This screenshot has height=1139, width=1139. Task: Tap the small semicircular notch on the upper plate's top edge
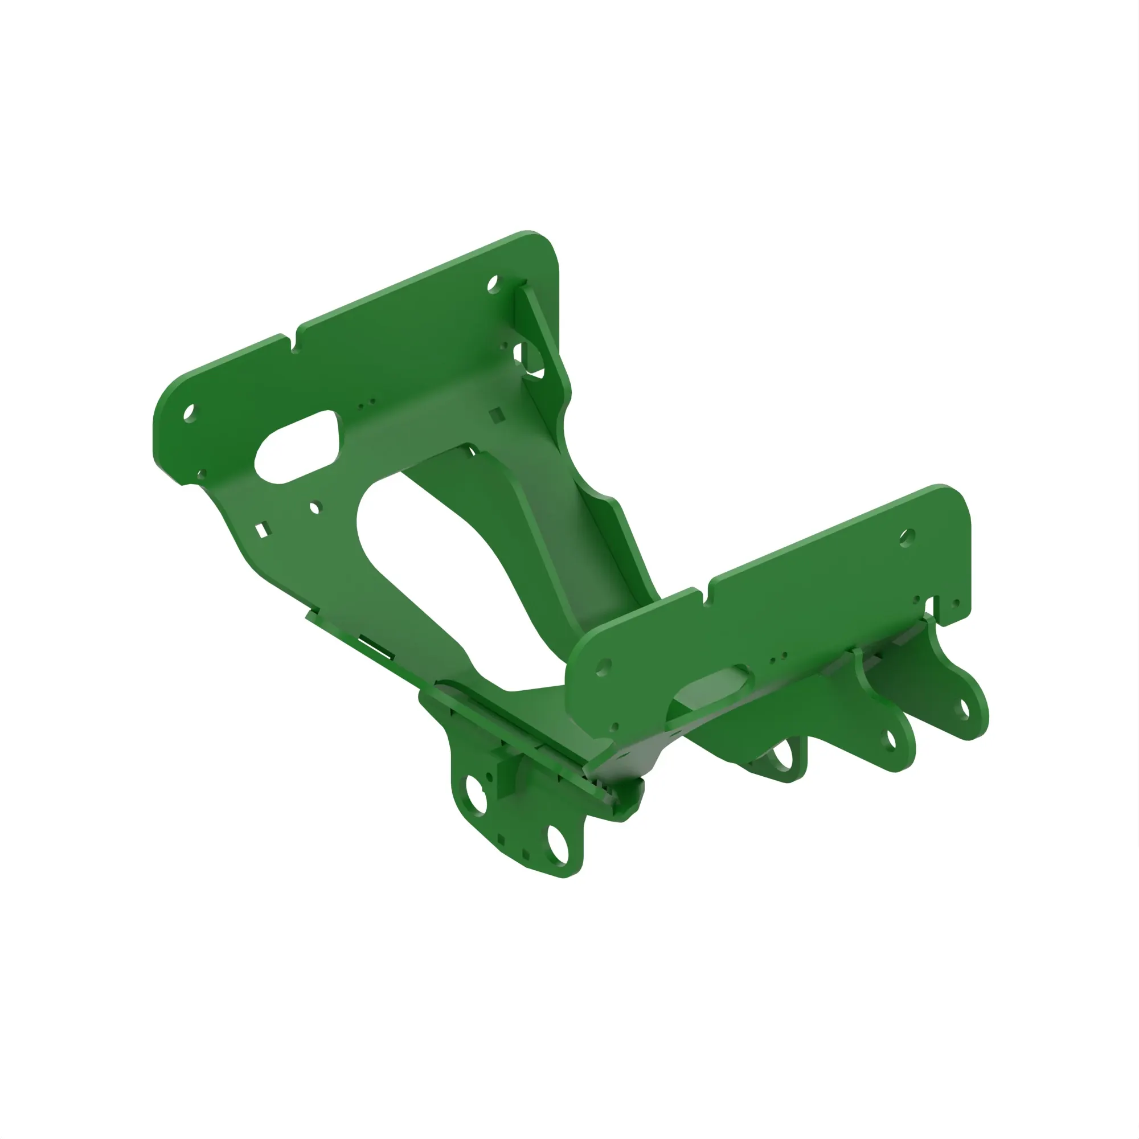point(295,349)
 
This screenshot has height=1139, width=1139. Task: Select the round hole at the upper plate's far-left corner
point(189,413)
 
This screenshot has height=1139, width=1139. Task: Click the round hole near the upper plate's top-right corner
point(493,285)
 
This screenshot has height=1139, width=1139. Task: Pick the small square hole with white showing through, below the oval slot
point(261,530)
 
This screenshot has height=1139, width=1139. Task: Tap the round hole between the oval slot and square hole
point(315,507)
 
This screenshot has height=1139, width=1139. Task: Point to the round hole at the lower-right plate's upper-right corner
point(907,537)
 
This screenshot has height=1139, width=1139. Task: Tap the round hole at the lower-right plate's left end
point(603,667)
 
